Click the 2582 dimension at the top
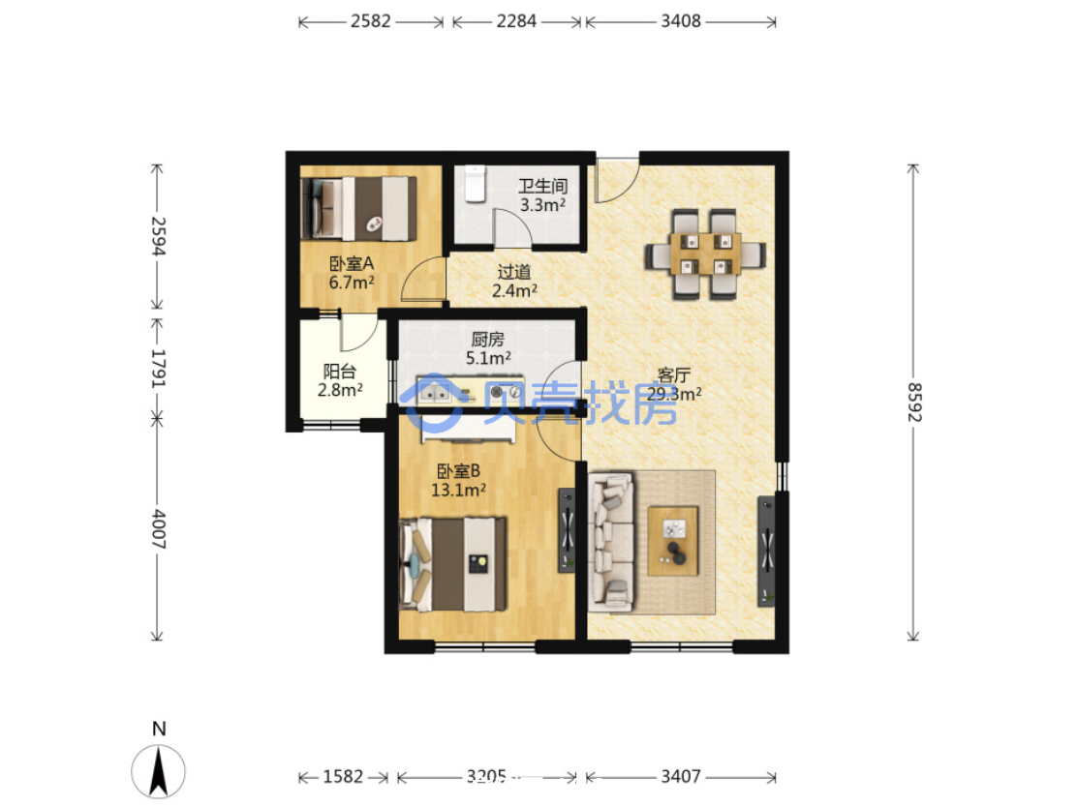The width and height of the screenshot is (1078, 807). click(371, 21)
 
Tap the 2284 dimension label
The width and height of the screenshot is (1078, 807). click(516, 21)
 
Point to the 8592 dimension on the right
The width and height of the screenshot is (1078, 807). click(913, 402)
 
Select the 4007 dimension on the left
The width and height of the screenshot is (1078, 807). click(158, 528)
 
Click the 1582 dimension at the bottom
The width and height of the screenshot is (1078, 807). click(343, 776)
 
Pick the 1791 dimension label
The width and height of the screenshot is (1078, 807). click(158, 368)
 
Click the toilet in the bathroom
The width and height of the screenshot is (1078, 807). click(475, 184)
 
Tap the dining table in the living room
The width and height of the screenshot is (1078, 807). click(705, 254)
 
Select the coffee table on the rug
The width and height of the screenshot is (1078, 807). click(673, 541)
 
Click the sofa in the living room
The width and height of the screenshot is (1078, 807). click(611, 541)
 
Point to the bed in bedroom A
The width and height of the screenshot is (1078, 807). click(359, 208)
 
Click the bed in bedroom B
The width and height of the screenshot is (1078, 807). click(453, 564)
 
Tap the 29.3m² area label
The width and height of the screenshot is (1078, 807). click(674, 394)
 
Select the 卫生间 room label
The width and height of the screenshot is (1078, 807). click(543, 186)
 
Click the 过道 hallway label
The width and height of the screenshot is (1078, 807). click(514, 272)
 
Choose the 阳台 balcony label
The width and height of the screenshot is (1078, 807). click(340, 372)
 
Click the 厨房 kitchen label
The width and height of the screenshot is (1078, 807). click(487, 340)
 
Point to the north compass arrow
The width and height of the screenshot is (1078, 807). click(159, 771)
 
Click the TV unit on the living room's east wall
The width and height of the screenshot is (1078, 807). click(766, 551)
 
